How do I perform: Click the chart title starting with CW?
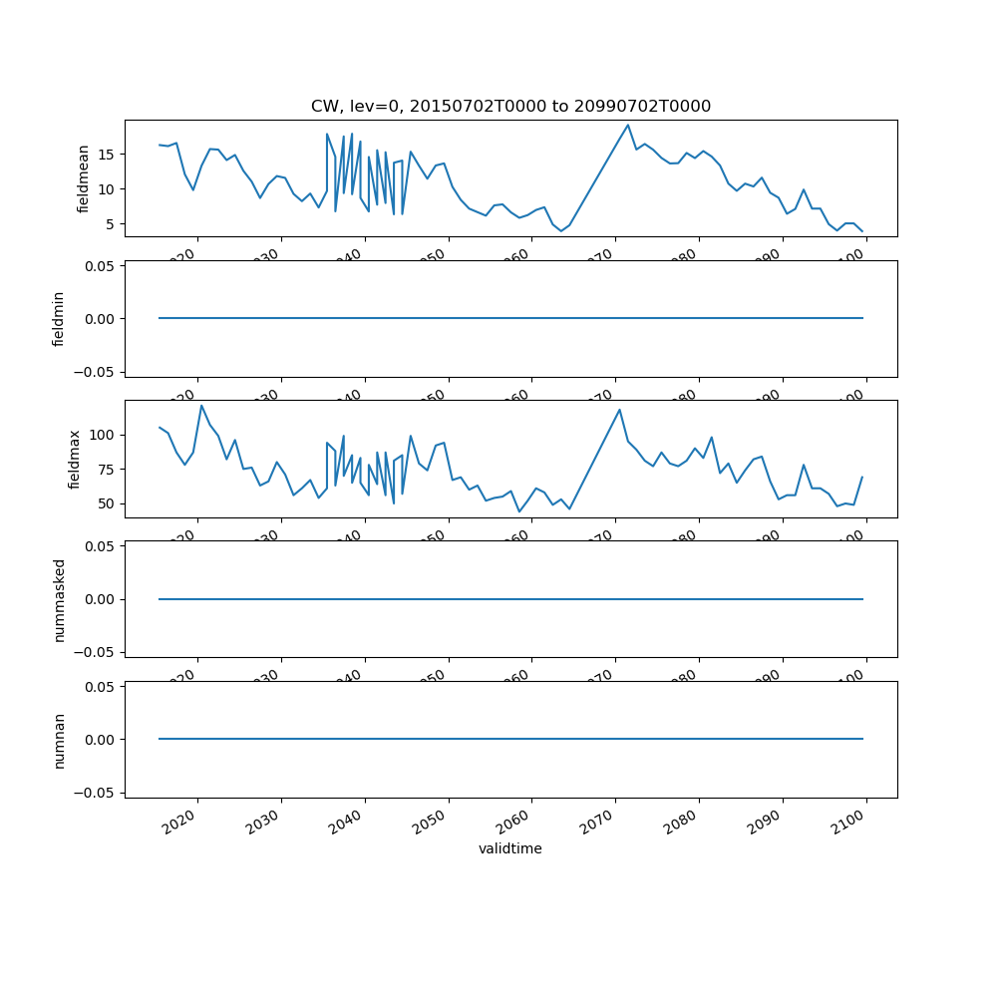point(510,107)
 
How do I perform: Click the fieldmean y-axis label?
point(84,178)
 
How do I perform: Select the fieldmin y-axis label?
point(59,319)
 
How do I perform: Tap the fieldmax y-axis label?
point(73,459)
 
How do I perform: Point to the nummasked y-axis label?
point(59,599)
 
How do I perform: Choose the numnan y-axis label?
point(59,740)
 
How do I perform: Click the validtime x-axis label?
point(510,848)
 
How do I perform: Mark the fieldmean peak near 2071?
point(628,125)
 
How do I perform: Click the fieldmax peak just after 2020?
point(201,405)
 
